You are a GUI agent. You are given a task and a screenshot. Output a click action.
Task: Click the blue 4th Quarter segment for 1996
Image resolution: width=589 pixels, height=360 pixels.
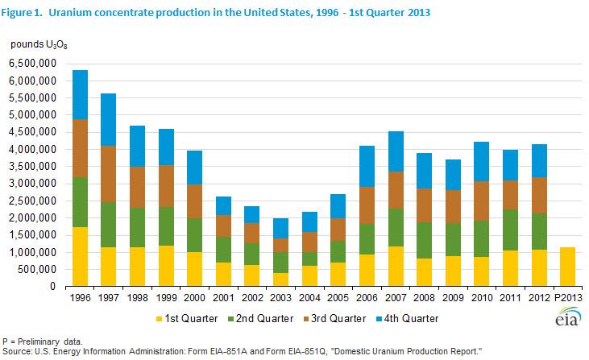80,94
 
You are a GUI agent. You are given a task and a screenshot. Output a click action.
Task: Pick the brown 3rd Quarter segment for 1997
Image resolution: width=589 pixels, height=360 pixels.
108,174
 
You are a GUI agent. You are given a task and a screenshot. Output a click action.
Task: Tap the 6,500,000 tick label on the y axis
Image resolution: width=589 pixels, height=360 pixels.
33,64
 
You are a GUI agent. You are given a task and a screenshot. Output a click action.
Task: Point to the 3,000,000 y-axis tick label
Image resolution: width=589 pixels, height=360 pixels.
33,184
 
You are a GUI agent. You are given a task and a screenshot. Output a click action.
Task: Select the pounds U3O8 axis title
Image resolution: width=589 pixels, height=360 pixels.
39,45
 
